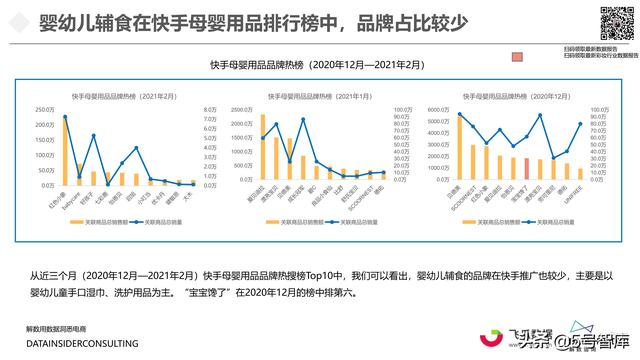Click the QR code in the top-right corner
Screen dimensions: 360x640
(611, 22)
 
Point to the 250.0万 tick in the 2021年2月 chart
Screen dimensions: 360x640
(45, 110)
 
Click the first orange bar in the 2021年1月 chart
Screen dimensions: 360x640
(263, 147)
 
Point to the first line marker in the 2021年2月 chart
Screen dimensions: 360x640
(66, 118)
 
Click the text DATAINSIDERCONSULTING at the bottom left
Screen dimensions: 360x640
(82, 343)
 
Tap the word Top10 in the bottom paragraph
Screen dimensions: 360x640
(322, 275)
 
